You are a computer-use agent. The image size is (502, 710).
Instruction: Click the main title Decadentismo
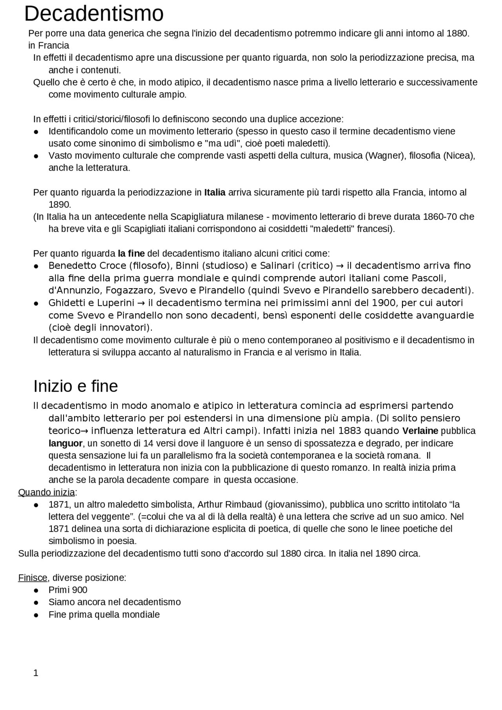tap(94, 14)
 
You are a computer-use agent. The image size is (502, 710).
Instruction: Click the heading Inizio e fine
tap(75, 386)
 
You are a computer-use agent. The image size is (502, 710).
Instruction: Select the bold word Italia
tap(215, 192)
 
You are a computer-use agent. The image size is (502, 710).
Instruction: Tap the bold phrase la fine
tap(131, 253)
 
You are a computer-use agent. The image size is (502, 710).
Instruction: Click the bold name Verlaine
tap(420, 431)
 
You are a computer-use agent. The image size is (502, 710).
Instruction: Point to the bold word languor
tap(65, 443)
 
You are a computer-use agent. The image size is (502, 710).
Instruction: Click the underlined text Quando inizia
tap(46, 492)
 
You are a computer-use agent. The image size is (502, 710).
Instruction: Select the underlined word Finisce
tap(33, 577)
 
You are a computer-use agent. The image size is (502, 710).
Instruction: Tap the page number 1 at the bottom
tap(36, 673)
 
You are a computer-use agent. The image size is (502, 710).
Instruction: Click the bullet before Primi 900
tap(36, 590)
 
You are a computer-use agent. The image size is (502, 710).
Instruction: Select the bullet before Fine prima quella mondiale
tap(36, 615)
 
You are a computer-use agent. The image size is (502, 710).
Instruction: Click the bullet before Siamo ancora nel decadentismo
tap(36, 602)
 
